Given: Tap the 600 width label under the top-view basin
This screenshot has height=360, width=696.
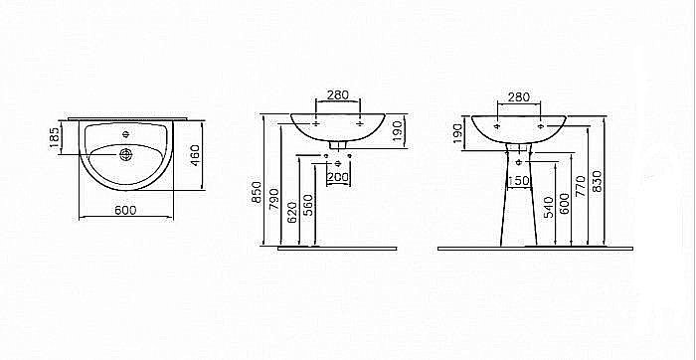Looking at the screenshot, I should tap(125, 210).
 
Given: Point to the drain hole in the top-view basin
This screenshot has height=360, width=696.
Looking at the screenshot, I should tap(125, 153).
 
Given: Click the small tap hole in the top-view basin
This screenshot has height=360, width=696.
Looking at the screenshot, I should tap(125, 132).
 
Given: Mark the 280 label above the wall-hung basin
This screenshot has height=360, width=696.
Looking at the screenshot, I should tap(338, 94).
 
